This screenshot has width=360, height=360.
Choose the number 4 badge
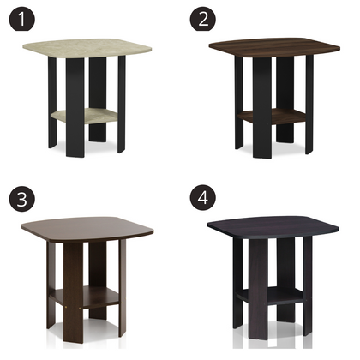pyautogui.click(x=203, y=199)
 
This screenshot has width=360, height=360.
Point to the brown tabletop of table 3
pyautogui.click(x=86, y=227)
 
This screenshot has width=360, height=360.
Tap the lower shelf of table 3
pyautogui.click(x=86, y=296)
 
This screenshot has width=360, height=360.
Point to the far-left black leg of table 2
pyautogui.click(x=239, y=103)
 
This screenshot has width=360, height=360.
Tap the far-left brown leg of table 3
pyautogui.click(x=51, y=283)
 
